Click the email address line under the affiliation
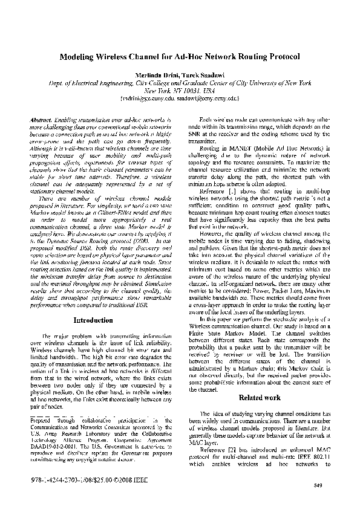180,97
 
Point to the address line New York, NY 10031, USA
180,89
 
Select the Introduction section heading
92,320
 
